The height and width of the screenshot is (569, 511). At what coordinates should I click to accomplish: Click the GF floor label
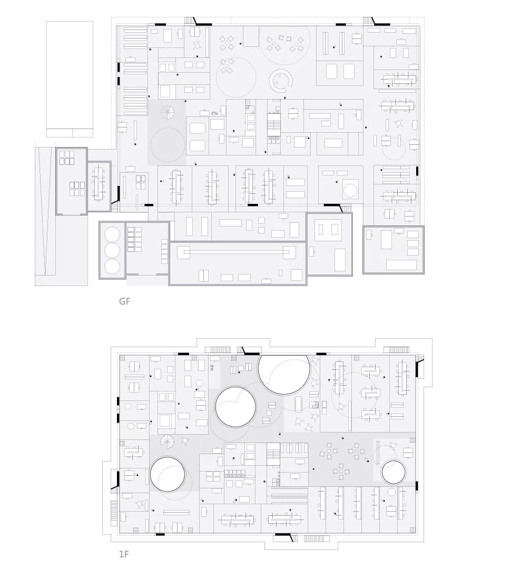pyautogui.click(x=124, y=301)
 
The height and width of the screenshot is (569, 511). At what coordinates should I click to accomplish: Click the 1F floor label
pyautogui.click(x=124, y=554)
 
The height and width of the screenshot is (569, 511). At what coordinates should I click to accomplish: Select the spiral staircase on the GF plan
pyautogui.click(x=168, y=113)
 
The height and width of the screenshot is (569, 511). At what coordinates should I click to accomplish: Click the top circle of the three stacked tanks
pyautogui.click(x=112, y=234)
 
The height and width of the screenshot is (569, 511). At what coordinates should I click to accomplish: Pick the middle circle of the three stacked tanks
pyautogui.click(x=112, y=250)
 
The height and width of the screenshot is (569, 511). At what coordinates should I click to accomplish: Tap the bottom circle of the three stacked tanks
pyautogui.click(x=112, y=267)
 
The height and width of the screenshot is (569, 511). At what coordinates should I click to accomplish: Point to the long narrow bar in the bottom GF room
pyautogui.click(x=236, y=251)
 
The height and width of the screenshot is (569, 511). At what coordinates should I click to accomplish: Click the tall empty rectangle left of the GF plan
pyautogui.click(x=70, y=79)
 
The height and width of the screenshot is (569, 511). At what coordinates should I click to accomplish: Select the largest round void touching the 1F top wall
pyautogui.click(x=284, y=375)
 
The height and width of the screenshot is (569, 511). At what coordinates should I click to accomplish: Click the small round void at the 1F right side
pyautogui.click(x=393, y=472)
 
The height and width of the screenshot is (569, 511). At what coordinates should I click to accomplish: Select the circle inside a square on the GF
pyautogui.click(x=350, y=191)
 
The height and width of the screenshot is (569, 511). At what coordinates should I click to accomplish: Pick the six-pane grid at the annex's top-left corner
pyautogui.click(x=67, y=158)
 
